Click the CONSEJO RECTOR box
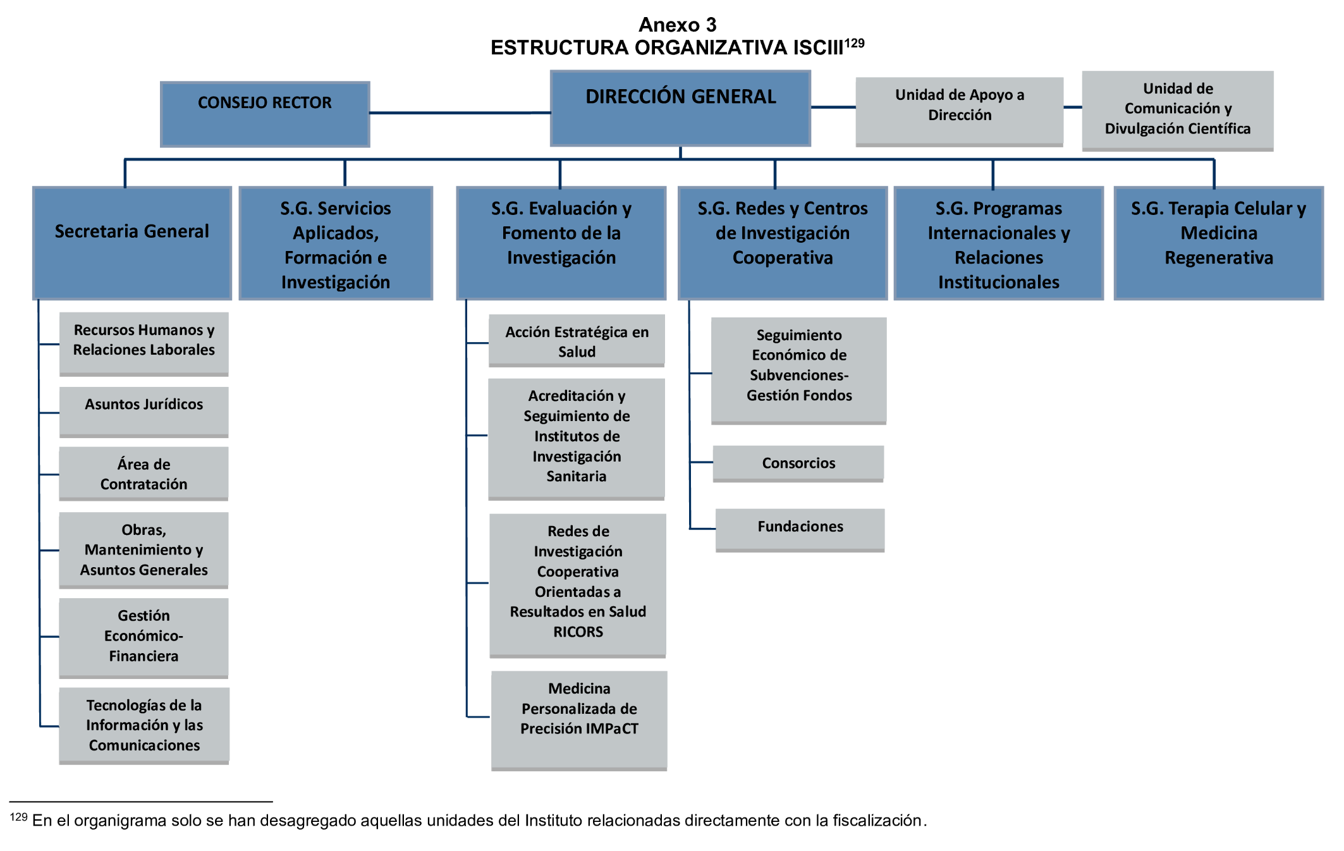[265, 114]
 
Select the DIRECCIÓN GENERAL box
[680, 108]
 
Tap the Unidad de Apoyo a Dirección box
[959, 111]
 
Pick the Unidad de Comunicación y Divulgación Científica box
[1177, 110]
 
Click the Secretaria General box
[132, 242]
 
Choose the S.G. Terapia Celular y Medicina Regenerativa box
[1218, 242]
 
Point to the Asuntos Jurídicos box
[144, 411]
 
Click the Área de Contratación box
[144, 474]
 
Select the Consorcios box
[798, 463]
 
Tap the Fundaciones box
[800, 529]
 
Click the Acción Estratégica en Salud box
[577, 341]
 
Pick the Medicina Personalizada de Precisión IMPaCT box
[579, 719]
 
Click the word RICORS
[578, 632]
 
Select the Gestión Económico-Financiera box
[144, 637]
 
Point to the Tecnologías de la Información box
[144, 725]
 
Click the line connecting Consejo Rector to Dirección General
[460, 113]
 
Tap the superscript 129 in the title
[854, 43]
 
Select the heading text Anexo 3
[677, 25]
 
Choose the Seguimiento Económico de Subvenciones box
[798, 370]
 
